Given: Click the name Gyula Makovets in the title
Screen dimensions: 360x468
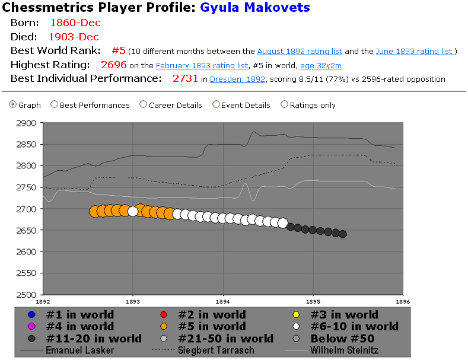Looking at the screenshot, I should (254, 8).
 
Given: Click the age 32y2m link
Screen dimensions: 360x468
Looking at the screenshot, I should (321, 65).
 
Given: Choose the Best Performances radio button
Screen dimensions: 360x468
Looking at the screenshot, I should (55, 105).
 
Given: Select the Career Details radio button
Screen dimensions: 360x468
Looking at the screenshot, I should (143, 105).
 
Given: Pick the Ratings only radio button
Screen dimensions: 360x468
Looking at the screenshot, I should (285, 105).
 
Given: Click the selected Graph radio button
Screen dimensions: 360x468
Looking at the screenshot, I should (13, 105).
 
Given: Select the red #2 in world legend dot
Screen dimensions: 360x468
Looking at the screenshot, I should (165, 314).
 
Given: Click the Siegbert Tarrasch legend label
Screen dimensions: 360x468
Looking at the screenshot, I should (217, 350).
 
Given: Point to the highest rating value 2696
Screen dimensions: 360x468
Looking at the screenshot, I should (113, 65).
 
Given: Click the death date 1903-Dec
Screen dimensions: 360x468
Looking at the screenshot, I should (74, 37).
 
